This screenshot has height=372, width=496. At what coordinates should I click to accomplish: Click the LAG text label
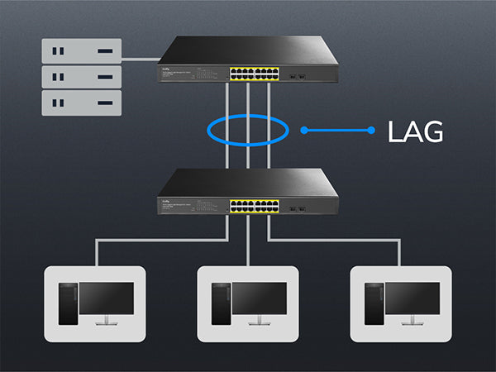coord(416,131)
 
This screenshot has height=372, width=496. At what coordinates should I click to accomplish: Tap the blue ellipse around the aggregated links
coord(247,117)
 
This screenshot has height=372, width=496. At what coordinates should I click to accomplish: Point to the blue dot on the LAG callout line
coord(304,130)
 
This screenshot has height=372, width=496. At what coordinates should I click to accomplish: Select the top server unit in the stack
coord(81,51)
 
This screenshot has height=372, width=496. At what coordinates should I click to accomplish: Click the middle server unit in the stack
coord(81,76)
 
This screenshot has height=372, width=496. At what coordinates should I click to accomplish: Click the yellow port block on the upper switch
coord(253,73)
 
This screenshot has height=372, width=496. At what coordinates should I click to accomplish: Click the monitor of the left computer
coord(107,300)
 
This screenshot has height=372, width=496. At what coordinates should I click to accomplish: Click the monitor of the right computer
coord(413,300)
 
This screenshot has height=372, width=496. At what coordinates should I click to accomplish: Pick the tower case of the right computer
coord(374,305)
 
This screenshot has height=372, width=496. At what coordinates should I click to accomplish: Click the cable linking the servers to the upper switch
coord(141,60)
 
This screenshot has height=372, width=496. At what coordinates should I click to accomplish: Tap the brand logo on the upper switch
coord(167,69)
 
